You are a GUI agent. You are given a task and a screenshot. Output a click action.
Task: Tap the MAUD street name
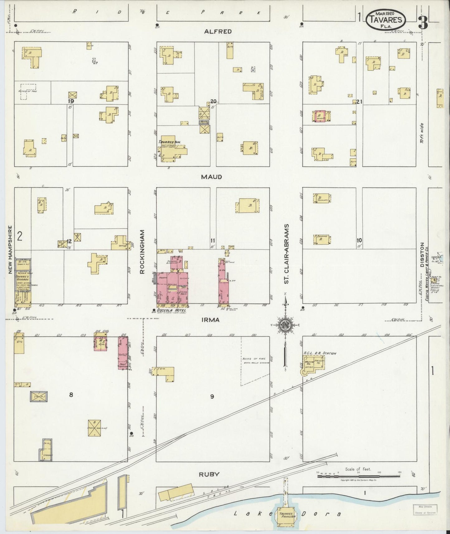211,177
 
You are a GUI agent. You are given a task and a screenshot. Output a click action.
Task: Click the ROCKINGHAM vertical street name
142,252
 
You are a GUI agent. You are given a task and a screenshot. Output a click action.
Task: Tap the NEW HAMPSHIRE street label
10,250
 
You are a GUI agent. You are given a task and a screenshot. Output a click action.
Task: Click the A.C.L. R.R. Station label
320,353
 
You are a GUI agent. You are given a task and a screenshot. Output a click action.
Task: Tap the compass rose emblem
284,325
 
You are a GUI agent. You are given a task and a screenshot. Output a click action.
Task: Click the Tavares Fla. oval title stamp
386,19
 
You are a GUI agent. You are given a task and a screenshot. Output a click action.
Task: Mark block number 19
71,101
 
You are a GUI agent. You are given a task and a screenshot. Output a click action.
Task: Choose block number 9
212,397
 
